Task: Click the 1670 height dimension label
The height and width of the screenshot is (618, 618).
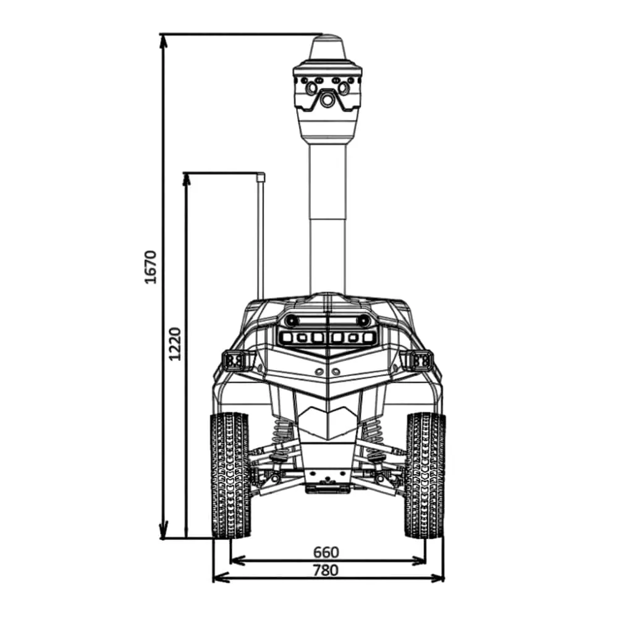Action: (151, 267)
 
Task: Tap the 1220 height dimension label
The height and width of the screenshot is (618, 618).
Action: (174, 344)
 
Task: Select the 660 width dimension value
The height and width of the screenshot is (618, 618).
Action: (326, 552)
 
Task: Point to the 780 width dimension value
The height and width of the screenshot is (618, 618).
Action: (326, 570)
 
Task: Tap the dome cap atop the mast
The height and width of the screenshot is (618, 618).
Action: (328, 48)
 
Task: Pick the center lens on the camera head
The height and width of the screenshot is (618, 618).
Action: (327, 100)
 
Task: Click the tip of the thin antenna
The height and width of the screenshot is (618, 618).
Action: (260, 174)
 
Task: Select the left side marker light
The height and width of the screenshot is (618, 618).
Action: (235, 361)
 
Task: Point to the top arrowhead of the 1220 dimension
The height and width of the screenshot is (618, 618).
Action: (187, 179)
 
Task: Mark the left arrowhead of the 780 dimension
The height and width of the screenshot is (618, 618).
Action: (221, 578)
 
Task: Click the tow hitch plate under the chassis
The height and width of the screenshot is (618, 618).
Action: (327, 489)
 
